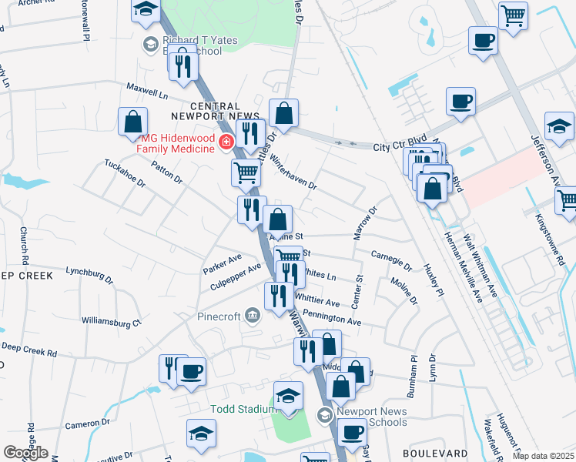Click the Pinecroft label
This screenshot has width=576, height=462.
click(x=219, y=316)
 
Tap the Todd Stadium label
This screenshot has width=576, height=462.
click(x=243, y=409)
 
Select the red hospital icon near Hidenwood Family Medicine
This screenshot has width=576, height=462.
click(x=226, y=142)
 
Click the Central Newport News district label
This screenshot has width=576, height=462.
click(x=224, y=111)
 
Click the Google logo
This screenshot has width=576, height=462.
click(x=25, y=453)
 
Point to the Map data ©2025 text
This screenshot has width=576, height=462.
click(x=544, y=456)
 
